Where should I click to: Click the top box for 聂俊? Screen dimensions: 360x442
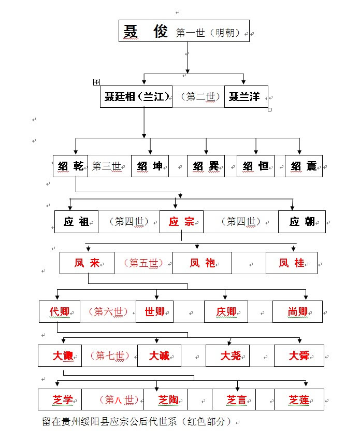point(184,31)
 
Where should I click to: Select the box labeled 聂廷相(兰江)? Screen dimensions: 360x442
point(136,97)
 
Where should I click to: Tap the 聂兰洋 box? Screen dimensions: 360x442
point(246,97)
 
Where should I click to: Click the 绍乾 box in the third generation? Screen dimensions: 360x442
point(70,166)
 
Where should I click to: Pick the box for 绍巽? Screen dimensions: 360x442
point(206,166)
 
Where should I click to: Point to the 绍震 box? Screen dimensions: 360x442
point(304,166)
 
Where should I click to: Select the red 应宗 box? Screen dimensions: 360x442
point(181,222)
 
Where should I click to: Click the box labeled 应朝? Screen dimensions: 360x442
point(302,222)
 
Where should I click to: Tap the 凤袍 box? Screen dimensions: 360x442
point(202,263)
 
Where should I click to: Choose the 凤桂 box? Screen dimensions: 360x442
point(292,263)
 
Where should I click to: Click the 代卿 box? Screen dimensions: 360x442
point(60,311)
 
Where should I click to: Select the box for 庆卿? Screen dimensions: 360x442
point(226,311)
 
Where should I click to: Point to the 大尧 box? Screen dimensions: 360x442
point(227,355)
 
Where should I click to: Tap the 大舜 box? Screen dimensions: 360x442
point(299,355)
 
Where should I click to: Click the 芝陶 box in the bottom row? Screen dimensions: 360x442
point(165,400)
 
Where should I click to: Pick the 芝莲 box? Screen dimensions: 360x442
point(299,400)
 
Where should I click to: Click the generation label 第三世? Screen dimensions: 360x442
point(107,166)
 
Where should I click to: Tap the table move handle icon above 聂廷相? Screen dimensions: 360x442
point(96,82)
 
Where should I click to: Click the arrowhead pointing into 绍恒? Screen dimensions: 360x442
point(256,152)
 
